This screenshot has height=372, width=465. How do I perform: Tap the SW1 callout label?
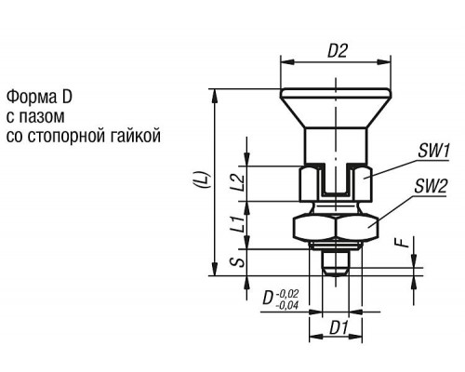coord(433,152)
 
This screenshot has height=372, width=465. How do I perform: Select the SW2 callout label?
coord(431,187)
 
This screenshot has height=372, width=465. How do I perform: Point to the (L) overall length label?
coord(204,179)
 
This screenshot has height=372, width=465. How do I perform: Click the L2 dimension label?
coord(239,183)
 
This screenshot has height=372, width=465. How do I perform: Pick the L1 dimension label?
coord(239,225)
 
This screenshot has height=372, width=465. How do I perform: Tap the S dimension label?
coord(238,263)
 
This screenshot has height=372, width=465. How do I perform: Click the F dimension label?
coord(405,243)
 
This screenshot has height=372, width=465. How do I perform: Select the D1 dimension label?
coord(339,327)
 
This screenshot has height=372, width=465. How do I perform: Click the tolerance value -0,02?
coord(287,293)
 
